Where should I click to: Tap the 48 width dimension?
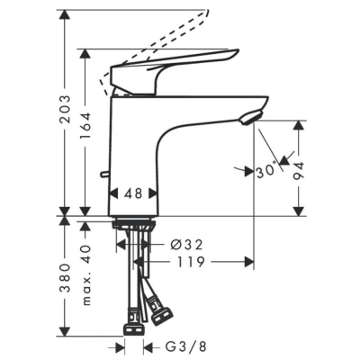[133, 193]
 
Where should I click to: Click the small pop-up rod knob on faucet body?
[104, 174]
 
